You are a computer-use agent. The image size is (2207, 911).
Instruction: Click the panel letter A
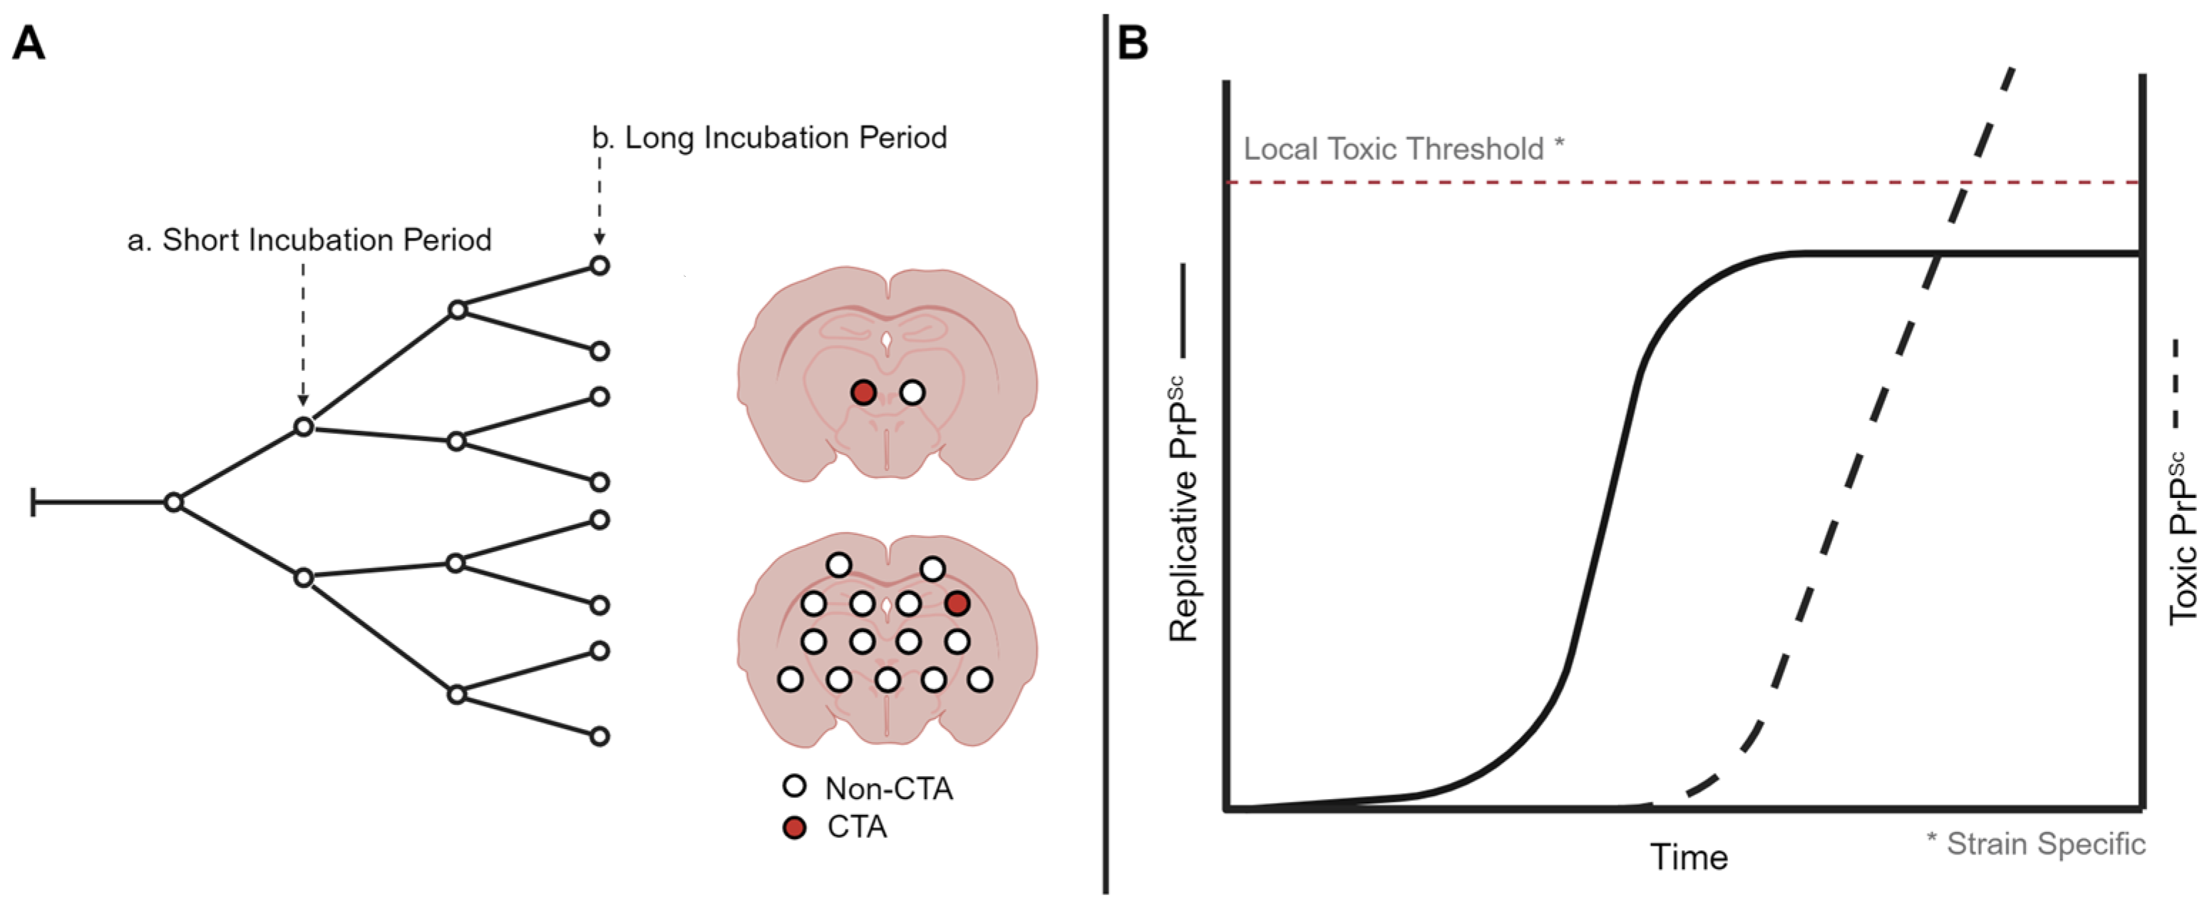pyautogui.click(x=29, y=43)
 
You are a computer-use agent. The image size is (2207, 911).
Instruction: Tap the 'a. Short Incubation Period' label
pyautogui.click(x=309, y=240)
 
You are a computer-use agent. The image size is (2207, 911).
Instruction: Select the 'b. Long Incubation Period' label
pyautogui.click(x=769, y=138)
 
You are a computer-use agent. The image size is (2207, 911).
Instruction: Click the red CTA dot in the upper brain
pyautogui.click(x=863, y=392)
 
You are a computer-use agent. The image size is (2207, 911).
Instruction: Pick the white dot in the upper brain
pyautogui.click(x=912, y=392)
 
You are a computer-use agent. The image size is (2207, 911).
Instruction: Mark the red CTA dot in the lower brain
pyautogui.click(x=957, y=604)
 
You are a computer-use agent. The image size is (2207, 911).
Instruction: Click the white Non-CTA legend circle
pyautogui.click(x=795, y=786)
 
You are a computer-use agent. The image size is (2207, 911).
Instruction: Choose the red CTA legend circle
pyautogui.click(x=795, y=827)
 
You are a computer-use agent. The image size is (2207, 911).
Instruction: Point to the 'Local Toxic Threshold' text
pyautogui.click(x=1393, y=149)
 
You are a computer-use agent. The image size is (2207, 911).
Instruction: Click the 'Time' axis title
pyautogui.click(x=1689, y=857)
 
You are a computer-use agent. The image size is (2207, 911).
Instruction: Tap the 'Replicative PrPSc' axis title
pyautogui.click(x=1183, y=509)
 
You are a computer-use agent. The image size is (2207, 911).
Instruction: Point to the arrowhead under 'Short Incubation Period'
pyautogui.click(x=302, y=399)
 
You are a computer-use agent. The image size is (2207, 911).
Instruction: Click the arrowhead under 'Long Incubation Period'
pyautogui.click(x=600, y=238)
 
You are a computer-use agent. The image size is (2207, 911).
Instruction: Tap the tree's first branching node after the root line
pyautogui.click(x=174, y=502)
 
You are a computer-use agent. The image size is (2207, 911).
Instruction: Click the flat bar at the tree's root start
pyautogui.click(x=34, y=502)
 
